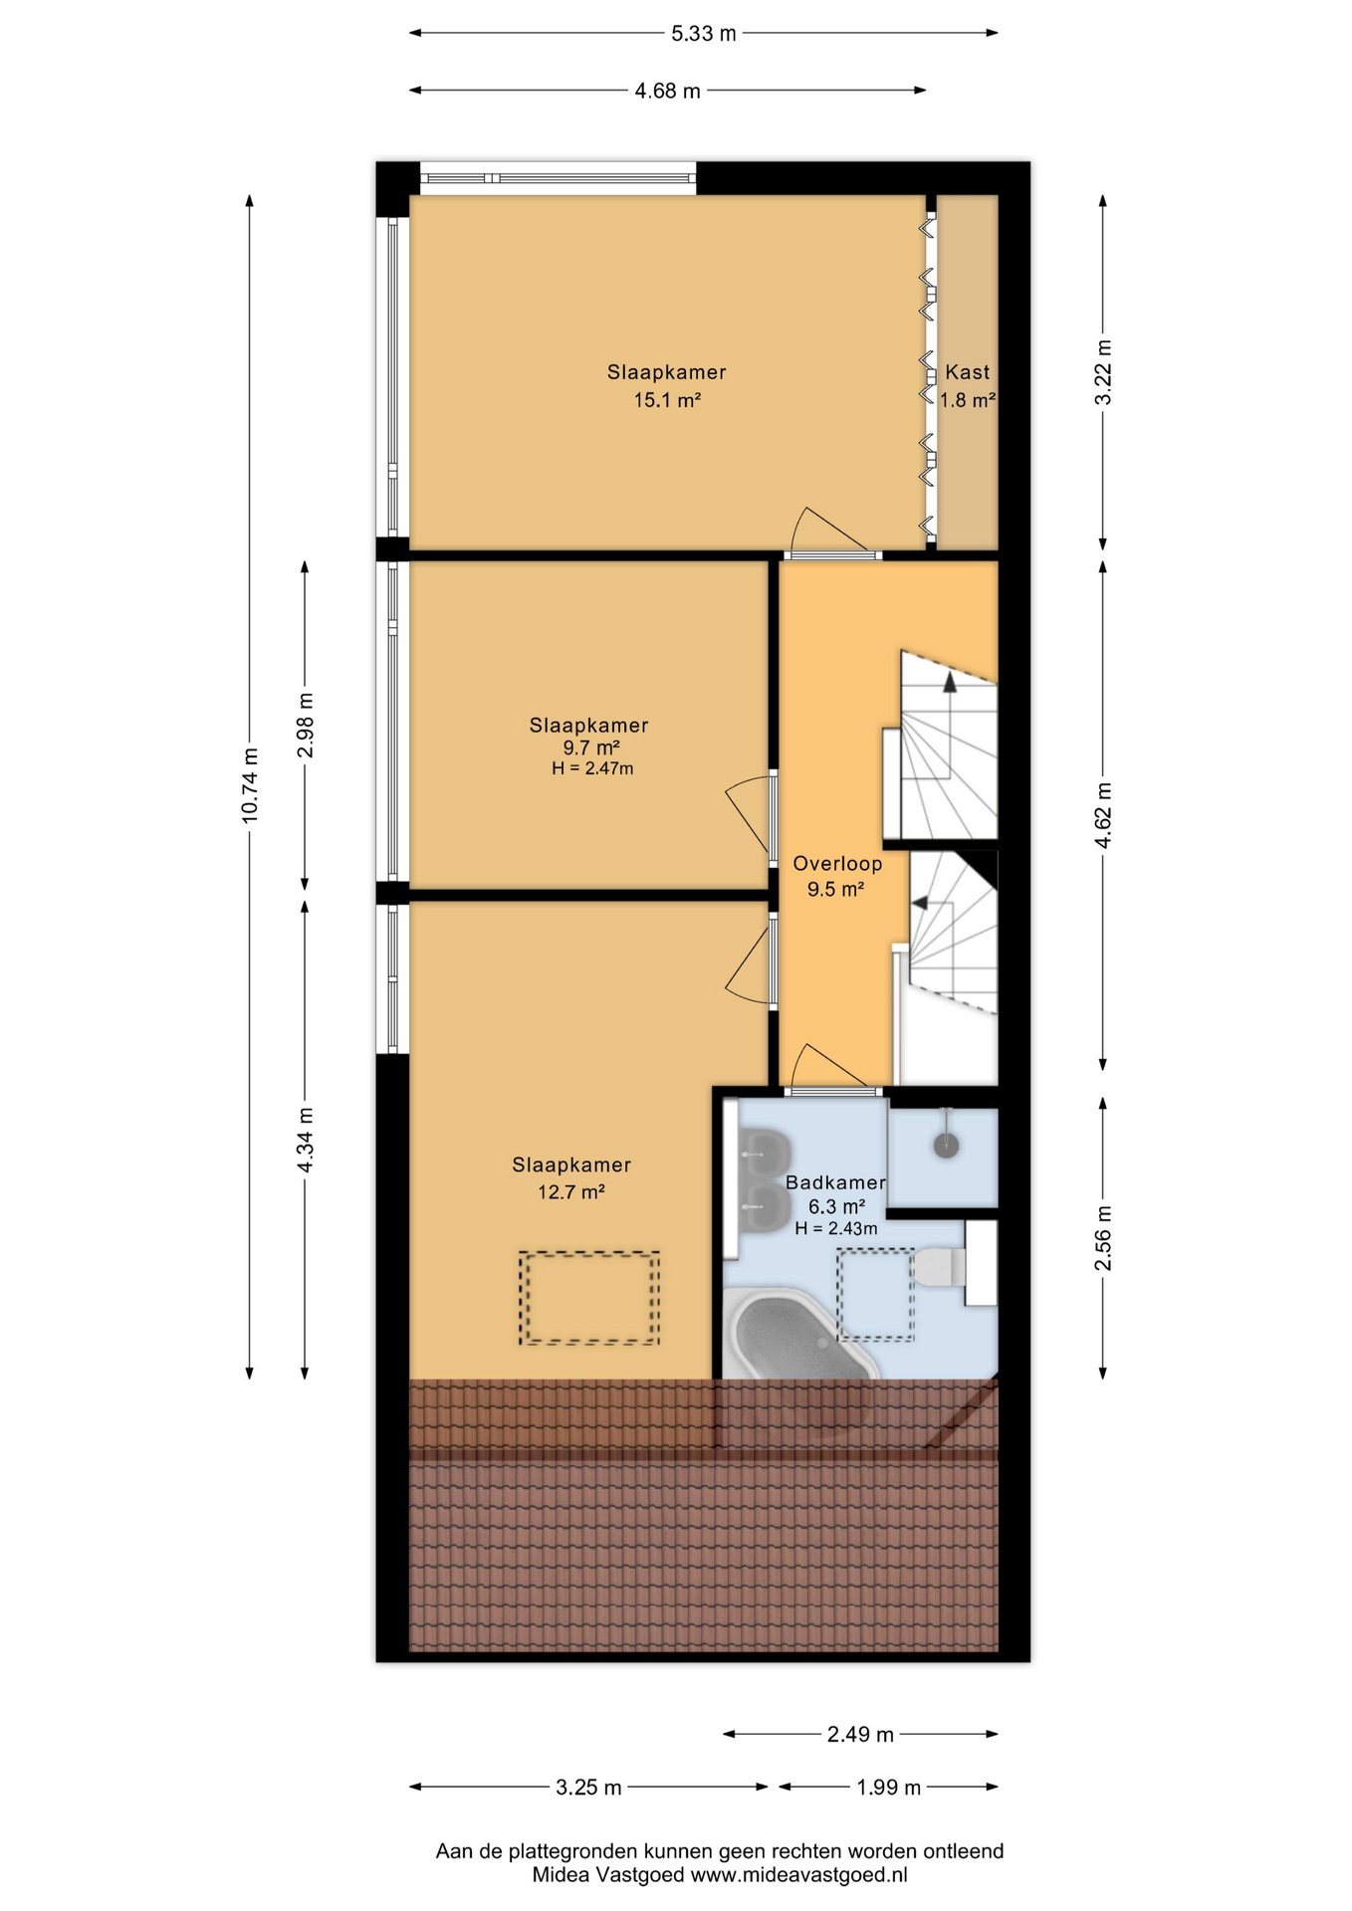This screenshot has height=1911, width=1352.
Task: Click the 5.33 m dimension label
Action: click(x=703, y=34)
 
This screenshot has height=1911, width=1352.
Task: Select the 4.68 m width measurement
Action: click(x=667, y=92)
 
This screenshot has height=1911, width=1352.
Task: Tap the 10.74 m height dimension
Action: click(x=250, y=785)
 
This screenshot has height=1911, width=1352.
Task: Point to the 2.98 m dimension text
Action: click(x=306, y=725)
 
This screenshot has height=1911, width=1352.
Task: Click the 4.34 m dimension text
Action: click(x=306, y=1140)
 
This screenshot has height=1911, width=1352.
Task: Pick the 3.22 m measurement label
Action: click(x=1103, y=372)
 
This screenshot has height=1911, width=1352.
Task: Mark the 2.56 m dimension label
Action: click(x=1103, y=1238)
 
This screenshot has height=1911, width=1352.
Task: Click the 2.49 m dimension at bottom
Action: click(x=860, y=1735)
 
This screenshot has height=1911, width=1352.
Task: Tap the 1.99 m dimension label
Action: click(x=888, y=1788)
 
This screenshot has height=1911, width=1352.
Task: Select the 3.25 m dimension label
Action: click(x=588, y=1788)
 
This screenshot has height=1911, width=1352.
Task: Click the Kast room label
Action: click(x=968, y=372)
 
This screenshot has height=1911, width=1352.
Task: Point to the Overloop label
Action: click(x=837, y=864)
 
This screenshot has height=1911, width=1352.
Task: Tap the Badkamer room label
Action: click(x=835, y=1182)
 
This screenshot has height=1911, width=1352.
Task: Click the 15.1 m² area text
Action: click(x=667, y=400)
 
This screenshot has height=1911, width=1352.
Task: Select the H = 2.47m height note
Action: click(x=592, y=768)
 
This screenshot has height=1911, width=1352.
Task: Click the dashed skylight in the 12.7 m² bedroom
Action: click(x=589, y=1298)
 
